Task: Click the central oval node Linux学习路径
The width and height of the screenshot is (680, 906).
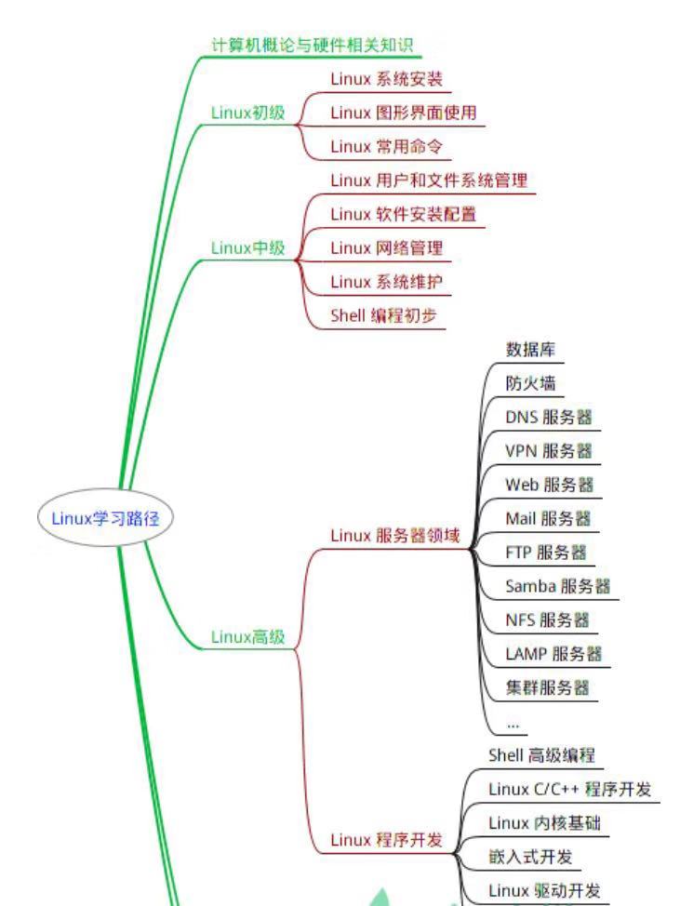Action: pyautogui.click(x=105, y=519)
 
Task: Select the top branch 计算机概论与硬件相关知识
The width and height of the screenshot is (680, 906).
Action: pyautogui.click(x=312, y=43)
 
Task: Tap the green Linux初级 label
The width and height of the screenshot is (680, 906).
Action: pyautogui.click(x=247, y=113)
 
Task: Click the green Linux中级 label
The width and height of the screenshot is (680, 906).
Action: pyautogui.click(x=247, y=247)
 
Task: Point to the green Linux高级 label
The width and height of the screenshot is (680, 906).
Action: pyautogui.click(x=247, y=637)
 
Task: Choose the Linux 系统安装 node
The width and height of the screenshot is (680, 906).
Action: pyautogui.click(x=386, y=79)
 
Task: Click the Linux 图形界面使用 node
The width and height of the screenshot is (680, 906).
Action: pyautogui.click(x=404, y=113)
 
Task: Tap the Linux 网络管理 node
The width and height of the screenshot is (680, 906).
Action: pyautogui.click(x=386, y=247)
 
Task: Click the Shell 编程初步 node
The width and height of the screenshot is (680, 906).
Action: pyautogui.click(x=386, y=314)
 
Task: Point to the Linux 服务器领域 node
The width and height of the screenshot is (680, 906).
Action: pyautogui.click(x=395, y=536)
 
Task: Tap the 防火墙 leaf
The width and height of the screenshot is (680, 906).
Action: pyautogui.click(x=523, y=383)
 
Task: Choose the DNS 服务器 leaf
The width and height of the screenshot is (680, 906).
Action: pyautogui.click(x=548, y=417)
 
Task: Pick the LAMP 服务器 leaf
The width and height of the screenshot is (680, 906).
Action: pyautogui.click(x=553, y=654)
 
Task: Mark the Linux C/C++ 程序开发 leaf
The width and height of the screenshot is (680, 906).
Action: pyautogui.click(x=569, y=789)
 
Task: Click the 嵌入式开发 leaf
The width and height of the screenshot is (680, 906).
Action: pyautogui.click(x=529, y=856)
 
